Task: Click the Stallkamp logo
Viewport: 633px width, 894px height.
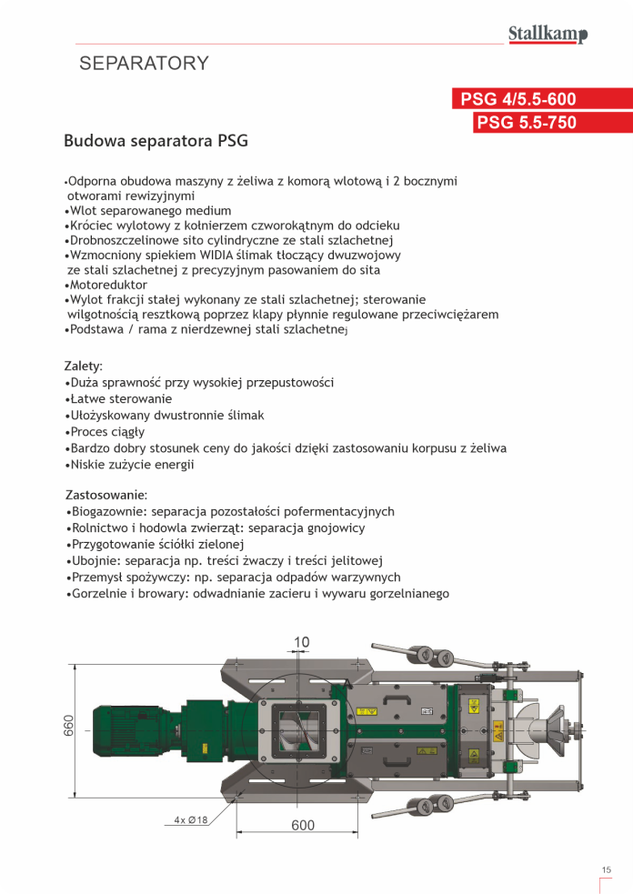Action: tap(547, 35)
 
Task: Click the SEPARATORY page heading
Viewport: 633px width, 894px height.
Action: tap(145, 64)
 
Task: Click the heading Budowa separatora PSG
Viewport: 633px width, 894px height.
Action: tap(156, 142)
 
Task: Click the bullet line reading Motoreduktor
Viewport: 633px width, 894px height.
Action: tap(107, 285)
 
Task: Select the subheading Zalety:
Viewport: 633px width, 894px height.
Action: tap(84, 366)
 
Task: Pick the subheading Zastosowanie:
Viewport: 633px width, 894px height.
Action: tap(106, 496)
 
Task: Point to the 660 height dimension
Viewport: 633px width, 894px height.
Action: tap(69, 726)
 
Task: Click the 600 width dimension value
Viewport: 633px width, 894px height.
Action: tap(303, 825)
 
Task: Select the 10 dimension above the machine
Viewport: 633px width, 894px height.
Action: tap(301, 642)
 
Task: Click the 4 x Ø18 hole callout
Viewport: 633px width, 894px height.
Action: tap(191, 819)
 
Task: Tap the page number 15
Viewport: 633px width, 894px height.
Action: tap(606, 870)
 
